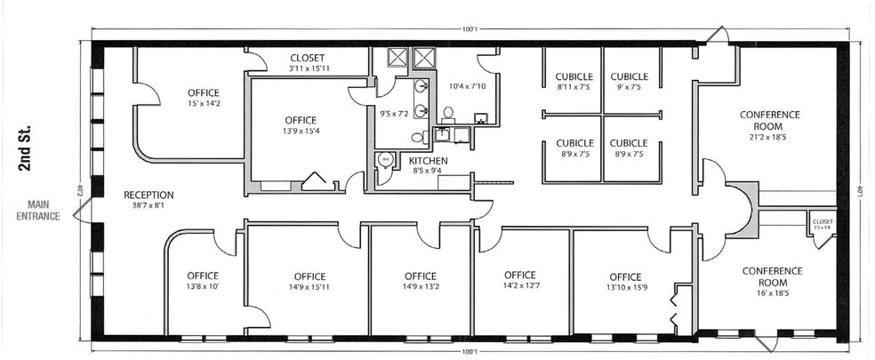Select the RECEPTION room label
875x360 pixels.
(149, 195)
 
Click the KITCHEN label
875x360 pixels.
(427, 160)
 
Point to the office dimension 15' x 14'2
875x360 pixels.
(203, 104)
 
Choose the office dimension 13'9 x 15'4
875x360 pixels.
(301, 132)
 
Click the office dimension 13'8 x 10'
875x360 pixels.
(203, 287)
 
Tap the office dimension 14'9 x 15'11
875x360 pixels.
(309, 287)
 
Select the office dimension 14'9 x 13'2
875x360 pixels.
(420, 287)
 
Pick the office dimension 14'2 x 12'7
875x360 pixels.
(519, 286)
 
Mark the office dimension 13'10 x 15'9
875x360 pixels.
(626, 287)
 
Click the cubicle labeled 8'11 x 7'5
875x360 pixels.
(574, 87)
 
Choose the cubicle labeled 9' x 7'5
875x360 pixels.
(629, 87)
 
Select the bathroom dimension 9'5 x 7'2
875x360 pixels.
(393, 114)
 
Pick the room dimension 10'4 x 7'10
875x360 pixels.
(467, 86)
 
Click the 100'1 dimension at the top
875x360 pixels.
(470, 29)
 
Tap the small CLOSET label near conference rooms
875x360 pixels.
(823, 222)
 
